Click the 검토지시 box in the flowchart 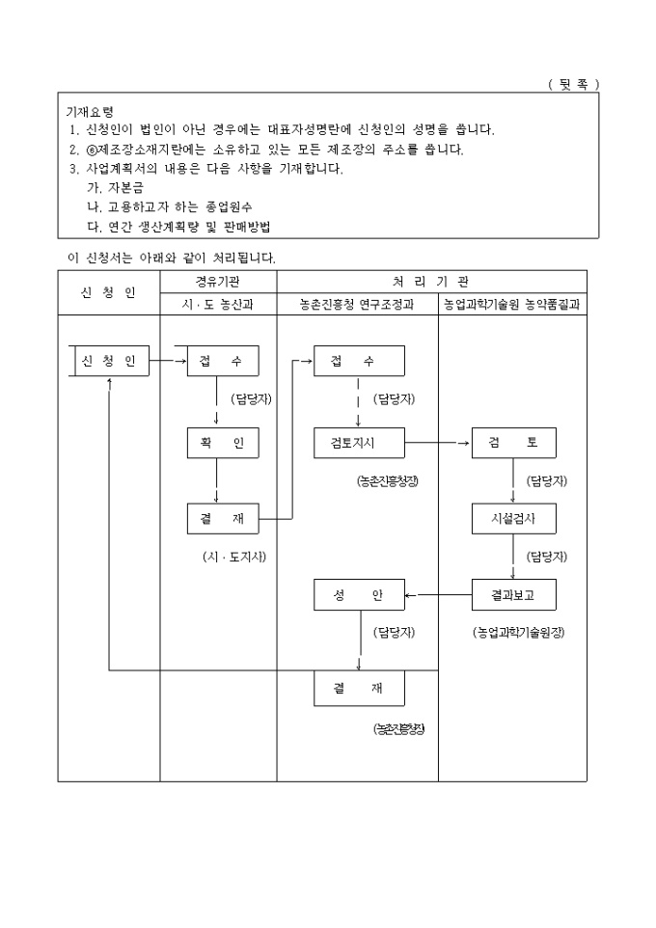(x=359, y=443)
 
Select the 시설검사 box (x=513, y=518)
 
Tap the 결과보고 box (x=513, y=595)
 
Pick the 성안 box (x=359, y=595)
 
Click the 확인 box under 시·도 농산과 (x=223, y=443)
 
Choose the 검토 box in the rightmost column (x=513, y=443)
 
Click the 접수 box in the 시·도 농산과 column (x=223, y=361)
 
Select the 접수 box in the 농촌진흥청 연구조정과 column (x=359, y=361)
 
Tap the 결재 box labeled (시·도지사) (x=223, y=518)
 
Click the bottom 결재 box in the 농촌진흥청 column (x=359, y=690)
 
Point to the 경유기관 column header (x=218, y=281)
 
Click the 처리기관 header (x=431, y=281)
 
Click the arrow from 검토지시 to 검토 (x=438, y=443)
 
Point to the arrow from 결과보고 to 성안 (x=438, y=595)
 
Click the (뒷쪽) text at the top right (x=573, y=84)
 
